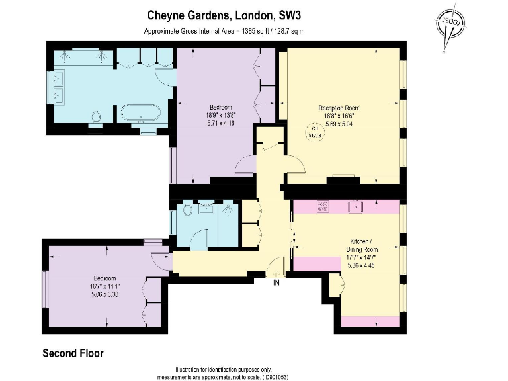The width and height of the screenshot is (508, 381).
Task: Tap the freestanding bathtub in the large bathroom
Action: [x=140, y=113]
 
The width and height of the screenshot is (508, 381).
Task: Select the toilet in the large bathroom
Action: [x=97, y=117]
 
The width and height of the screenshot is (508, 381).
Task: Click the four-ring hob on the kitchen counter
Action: [x=324, y=206]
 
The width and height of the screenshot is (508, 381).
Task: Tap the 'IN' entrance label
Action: [x=276, y=282]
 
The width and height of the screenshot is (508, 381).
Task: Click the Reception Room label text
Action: [x=339, y=108]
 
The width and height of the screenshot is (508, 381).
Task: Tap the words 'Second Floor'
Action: [x=73, y=353]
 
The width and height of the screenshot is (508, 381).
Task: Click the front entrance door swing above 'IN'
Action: [x=275, y=269]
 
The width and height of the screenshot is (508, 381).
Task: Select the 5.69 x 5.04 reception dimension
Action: [x=339, y=123]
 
